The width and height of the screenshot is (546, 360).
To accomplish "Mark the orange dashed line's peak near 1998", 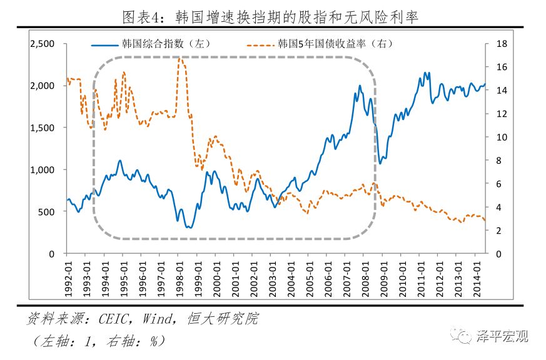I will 179,58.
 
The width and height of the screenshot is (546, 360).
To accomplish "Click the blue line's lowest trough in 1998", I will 189,227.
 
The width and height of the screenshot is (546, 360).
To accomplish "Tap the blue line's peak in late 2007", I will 360,86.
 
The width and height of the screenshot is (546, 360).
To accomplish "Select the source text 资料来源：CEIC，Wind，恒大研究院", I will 142,319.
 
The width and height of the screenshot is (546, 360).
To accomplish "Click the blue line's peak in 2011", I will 426,72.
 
